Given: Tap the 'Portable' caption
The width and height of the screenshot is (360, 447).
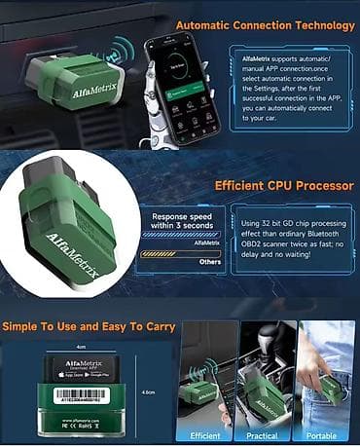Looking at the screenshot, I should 322,436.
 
